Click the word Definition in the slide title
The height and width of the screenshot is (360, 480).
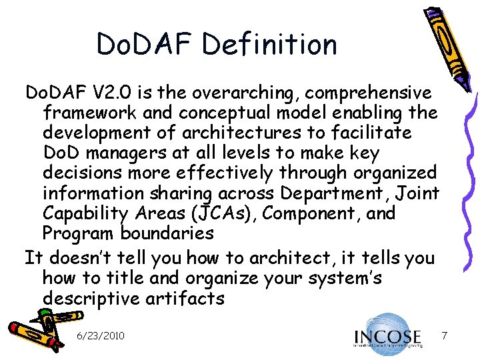(x=270, y=44)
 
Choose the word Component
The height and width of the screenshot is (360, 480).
(x=313, y=214)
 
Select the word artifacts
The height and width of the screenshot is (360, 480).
(x=184, y=298)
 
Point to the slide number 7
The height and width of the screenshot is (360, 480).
(x=443, y=333)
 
